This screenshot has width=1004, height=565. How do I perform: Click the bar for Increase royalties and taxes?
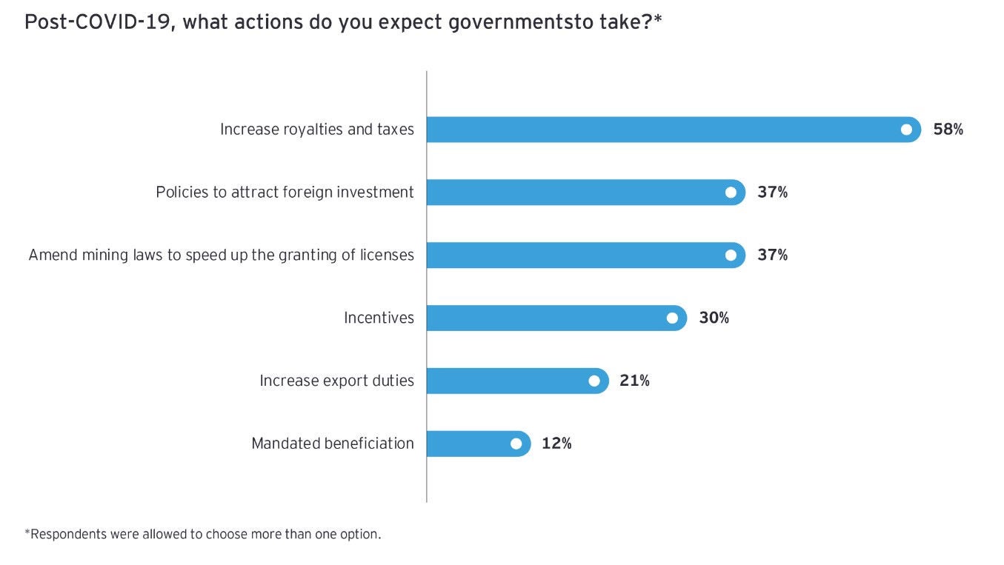click(x=667, y=130)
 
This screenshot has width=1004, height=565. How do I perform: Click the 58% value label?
click(x=948, y=130)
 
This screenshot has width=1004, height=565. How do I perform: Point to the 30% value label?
click(x=714, y=318)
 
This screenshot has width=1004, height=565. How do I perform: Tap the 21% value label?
click(x=635, y=381)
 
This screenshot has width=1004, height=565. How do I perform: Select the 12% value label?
click(x=556, y=444)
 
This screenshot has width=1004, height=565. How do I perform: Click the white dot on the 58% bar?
click(x=906, y=130)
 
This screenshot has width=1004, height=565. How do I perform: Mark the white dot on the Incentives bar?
click(x=672, y=318)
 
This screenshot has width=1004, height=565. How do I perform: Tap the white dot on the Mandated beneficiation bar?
click(x=516, y=444)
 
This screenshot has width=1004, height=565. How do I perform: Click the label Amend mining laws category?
click(x=221, y=255)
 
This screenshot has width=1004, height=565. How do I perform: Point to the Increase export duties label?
click(x=336, y=381)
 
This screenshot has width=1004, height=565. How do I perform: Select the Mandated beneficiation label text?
click(x=333, y=444)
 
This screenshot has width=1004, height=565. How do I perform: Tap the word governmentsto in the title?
click(x=511, y=22)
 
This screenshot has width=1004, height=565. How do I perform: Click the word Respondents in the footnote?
click(x=67, y=534)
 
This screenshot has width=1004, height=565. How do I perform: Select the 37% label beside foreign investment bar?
click(x=772, y=193)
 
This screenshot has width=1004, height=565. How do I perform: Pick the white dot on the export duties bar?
click(x=594, y=381)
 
